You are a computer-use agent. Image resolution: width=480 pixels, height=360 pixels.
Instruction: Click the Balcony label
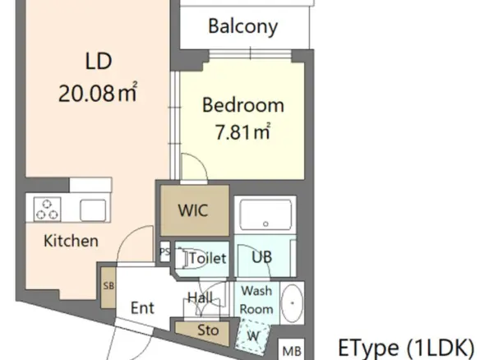point(243,26)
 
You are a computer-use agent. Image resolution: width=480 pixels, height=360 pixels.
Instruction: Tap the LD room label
point(99,61)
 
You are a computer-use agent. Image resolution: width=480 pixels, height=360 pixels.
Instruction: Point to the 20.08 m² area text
point(98,92)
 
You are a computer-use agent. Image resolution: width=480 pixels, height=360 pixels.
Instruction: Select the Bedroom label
point(243,105)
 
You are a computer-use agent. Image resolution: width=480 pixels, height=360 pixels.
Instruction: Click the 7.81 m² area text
point(243,131)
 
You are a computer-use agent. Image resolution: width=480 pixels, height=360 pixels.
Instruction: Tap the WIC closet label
point(193,210)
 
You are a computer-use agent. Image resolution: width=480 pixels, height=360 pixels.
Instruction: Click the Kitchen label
point(71,241)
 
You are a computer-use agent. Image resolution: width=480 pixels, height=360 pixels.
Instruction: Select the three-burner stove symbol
point(47,209)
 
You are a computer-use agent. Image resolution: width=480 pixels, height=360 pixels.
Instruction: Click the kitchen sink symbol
point(93,210)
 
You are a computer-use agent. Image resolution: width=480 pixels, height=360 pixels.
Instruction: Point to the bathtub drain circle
point(265,224)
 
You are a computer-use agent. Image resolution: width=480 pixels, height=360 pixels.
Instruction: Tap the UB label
point(261,257)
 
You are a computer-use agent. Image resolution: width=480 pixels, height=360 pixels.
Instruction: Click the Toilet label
point(208,258)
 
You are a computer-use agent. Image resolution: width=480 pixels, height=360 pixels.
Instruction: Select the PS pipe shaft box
point(164,252)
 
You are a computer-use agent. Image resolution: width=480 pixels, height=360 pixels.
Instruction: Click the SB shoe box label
point(108,286)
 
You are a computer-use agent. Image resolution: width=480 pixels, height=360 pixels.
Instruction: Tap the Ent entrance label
point(142,307)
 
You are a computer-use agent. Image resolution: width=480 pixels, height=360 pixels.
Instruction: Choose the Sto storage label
point(208,330)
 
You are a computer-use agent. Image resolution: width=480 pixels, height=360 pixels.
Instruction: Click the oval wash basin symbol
point(292,303)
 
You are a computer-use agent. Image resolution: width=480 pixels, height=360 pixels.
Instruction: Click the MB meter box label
point(292,350)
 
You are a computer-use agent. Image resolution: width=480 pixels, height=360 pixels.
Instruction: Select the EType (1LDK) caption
point(406,348)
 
